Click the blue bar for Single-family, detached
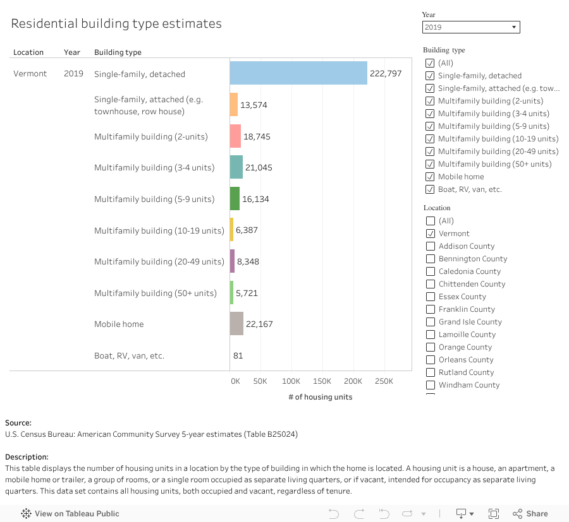click(x=298, y=73)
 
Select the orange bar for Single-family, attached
click(x=233, y=105)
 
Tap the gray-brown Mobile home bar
click(x=236, y=324)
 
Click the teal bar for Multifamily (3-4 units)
click(x=236, y=167)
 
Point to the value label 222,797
click(x=386, y=74)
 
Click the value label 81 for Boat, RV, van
click(x=238, y=355)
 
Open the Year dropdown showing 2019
click(x=471, y=27)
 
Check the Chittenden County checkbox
click(x=431, y=284)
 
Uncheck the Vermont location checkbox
click(x=431, y=234)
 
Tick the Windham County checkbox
click(x=431, y=385)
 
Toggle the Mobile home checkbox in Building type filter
click(x=431, y=177)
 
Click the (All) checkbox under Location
click(x=431, y=221)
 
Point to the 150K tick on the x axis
click(x=322, y=381)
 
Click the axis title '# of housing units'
click(x=320, y=397)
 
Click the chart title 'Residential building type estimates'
click(x=116, y=24)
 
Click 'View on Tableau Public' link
click(x=76, y=513)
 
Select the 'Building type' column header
click(x=118, y=52)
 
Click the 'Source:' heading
click(x=18, y=423)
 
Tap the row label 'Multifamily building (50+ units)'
click(x=156, y=293)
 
